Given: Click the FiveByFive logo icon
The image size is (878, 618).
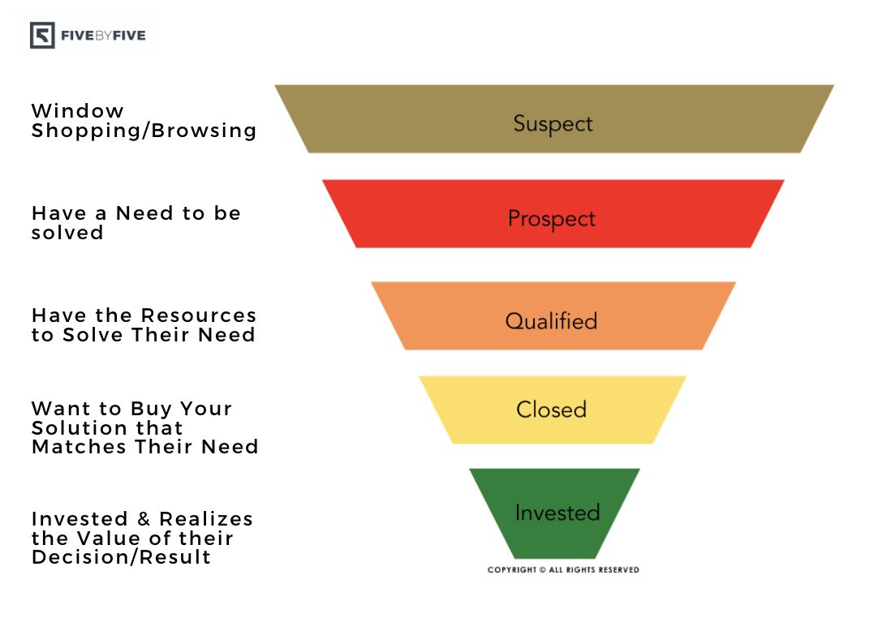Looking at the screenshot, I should [x=43, y=36].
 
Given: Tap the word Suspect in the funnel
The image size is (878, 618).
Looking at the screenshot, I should [x=553, y=124].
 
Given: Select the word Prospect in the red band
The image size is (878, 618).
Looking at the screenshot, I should [x=552, y=219].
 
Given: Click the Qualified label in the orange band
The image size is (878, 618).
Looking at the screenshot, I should [x=551, y=321].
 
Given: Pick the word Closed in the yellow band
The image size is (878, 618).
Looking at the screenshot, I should [x=551, y=410].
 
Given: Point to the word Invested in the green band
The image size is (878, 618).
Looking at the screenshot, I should [x=557, y=513].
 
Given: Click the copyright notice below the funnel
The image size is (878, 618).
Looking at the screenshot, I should [x=563, y=570].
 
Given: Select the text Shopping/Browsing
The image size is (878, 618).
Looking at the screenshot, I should [x=144, y=131].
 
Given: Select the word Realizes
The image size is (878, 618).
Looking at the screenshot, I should [x=206, y=519].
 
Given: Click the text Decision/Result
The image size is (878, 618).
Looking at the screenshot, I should [x=122, y=557].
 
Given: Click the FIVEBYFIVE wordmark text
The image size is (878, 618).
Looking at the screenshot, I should [x=103, y=36].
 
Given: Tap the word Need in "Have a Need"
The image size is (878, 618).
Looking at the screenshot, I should [x=144, y=213].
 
